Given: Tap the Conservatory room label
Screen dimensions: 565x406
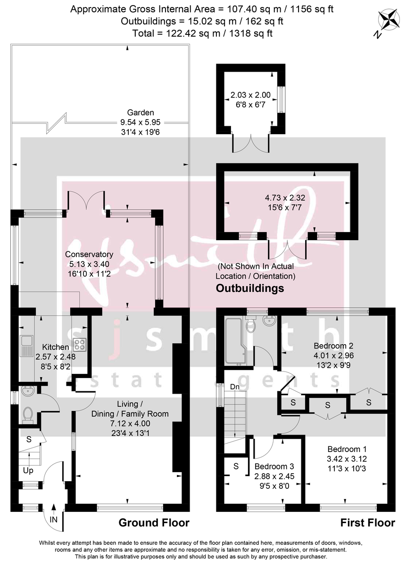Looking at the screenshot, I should point(90,255).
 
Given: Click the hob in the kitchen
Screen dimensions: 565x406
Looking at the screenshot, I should point(79,345).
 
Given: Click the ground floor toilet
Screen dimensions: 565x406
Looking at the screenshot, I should point(27,413).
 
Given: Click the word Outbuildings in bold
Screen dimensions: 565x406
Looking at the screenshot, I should point(249,288).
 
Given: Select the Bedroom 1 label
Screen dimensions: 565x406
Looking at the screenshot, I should point(347,449).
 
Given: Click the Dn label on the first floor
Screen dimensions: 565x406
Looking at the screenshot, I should point(234,387).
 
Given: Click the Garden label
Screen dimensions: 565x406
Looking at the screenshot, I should point(141,113).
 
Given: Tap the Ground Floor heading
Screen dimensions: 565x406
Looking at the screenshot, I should point(154,523).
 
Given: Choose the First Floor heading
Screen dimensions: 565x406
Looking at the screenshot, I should point(367,523).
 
